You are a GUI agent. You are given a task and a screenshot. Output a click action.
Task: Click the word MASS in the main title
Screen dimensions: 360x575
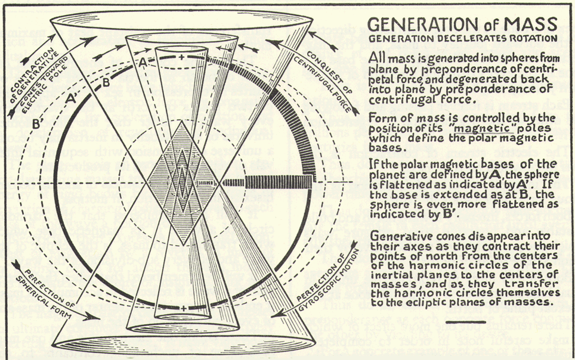click(x=525, y=24)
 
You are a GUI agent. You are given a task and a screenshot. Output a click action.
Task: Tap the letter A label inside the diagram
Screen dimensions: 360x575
click(x=142, y=61)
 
